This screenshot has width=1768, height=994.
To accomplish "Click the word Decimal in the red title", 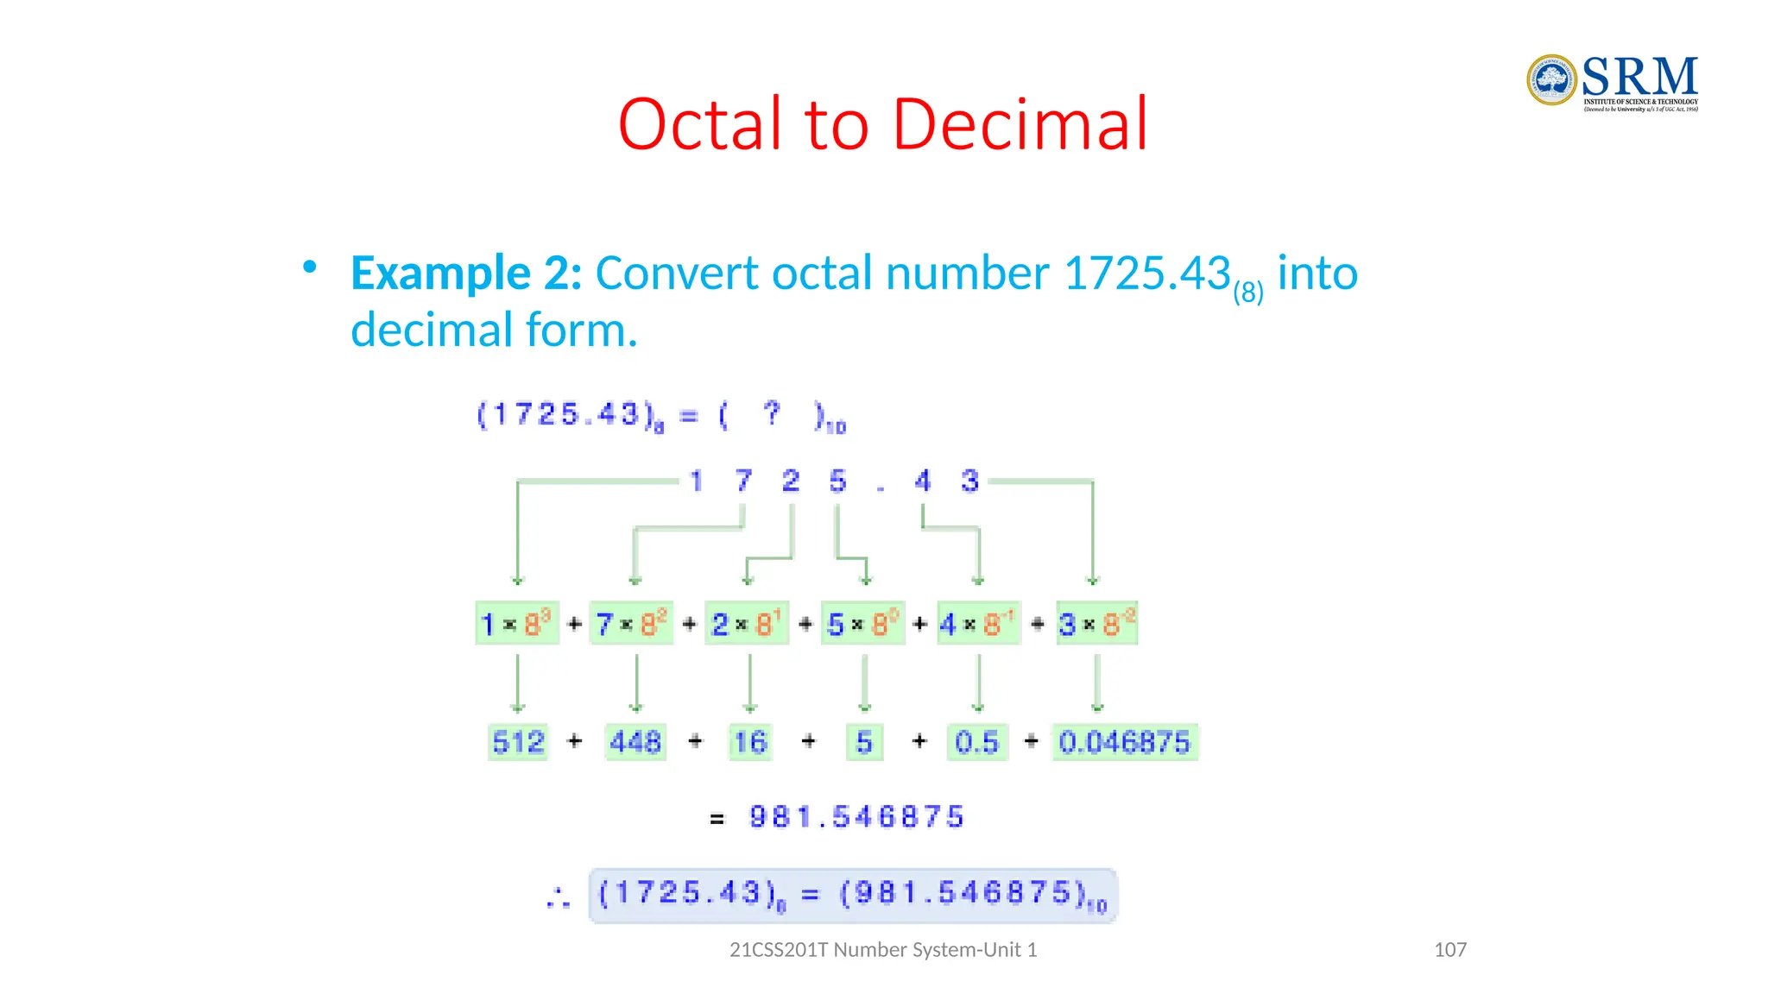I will pyautogui.click(x=1020, y=124).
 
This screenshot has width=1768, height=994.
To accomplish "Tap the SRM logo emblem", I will pyautogui.click(x=1551, y=80).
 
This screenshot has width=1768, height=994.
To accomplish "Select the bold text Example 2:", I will pyautogui.click(x=466, y=274).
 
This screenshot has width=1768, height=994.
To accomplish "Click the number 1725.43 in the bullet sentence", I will pyautogui.click(x=1146, y=274).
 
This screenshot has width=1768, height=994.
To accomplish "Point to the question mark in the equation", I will pyautogui.click(x=772, y=413).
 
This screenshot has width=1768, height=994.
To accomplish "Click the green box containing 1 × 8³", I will pyautogui.click(x=517, y=623).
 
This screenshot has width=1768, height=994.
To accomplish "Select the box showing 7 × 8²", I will pyautogui.click(x=631, y=623).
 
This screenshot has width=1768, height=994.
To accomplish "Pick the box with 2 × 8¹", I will pyautogui.click(x=747, y=623).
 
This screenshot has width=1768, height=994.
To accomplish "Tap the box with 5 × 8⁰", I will pyautogui.click(x=862, y=623).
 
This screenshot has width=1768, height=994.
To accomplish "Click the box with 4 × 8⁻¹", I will pyautogui.click(x=979, y=623).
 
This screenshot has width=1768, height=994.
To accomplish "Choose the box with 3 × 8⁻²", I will pyautogui.click(x=1096, y=623).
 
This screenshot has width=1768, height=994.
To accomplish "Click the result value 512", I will pyautogui.click(x=518, y=742).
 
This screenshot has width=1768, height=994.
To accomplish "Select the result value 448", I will pyautogui.click(x=635, y=742).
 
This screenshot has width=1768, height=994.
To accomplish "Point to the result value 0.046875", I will pyautogui.click(x=1124, y=742).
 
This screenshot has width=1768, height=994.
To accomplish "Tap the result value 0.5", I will pyautogui.click(x=976, y=742).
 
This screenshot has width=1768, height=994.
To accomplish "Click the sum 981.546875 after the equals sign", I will pyautogui.click(x=856, y=816).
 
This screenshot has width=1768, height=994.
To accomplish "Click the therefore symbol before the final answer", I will pyautogui.click(x=559, y=897).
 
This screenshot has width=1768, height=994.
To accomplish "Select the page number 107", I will pyautogui.click(x=1449, y=950).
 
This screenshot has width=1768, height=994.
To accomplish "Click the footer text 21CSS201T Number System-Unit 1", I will pyautogui.click(x=883, y=950).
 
